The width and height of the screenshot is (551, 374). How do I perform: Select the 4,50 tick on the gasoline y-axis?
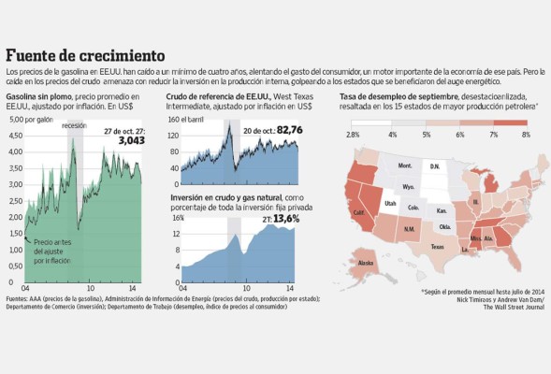[16, 136]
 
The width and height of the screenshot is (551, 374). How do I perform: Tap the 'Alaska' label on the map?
[367, 264]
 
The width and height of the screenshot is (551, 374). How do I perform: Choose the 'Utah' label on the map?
[391, 203]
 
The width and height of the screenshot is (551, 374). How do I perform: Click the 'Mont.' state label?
[405, 165]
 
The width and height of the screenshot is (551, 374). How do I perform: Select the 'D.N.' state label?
[434, 166]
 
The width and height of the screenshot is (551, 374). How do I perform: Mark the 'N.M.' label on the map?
[410, 228]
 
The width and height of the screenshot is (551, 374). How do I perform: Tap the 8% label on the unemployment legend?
[526, 136]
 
